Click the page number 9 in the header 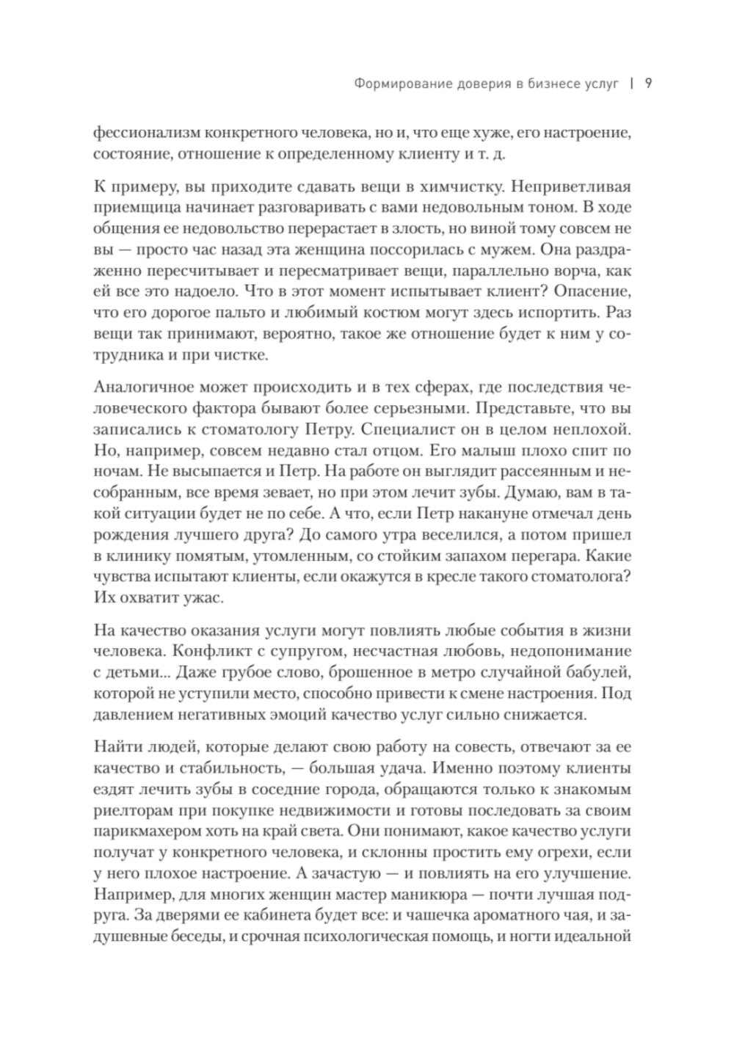[649, 83]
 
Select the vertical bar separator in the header [631, 83]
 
